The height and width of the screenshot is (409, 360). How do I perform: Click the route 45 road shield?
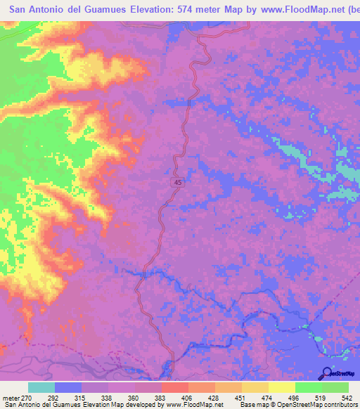(x=179, y=182)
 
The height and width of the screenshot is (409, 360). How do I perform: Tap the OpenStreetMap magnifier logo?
(x=326, y=372)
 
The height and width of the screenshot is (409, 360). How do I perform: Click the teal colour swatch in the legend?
(x=41, y=388)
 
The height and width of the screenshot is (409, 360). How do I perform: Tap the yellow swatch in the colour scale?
(x=282, y=388)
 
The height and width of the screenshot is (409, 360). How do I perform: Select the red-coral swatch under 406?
(x=174, y=388)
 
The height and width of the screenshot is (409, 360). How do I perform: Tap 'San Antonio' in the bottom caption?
(x=20, y=405)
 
